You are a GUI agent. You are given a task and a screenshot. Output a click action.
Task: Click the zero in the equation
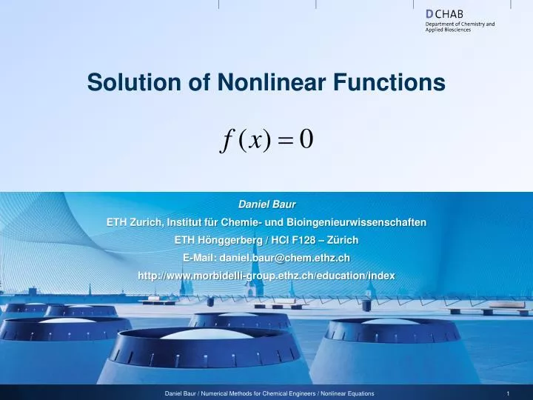pyautogui.click(x=306, y=139)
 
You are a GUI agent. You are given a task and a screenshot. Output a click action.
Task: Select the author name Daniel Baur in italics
pyautogui.click(x=266, y=203)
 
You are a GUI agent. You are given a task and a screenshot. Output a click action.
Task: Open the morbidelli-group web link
pyautogui.click(x=266, y=275)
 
